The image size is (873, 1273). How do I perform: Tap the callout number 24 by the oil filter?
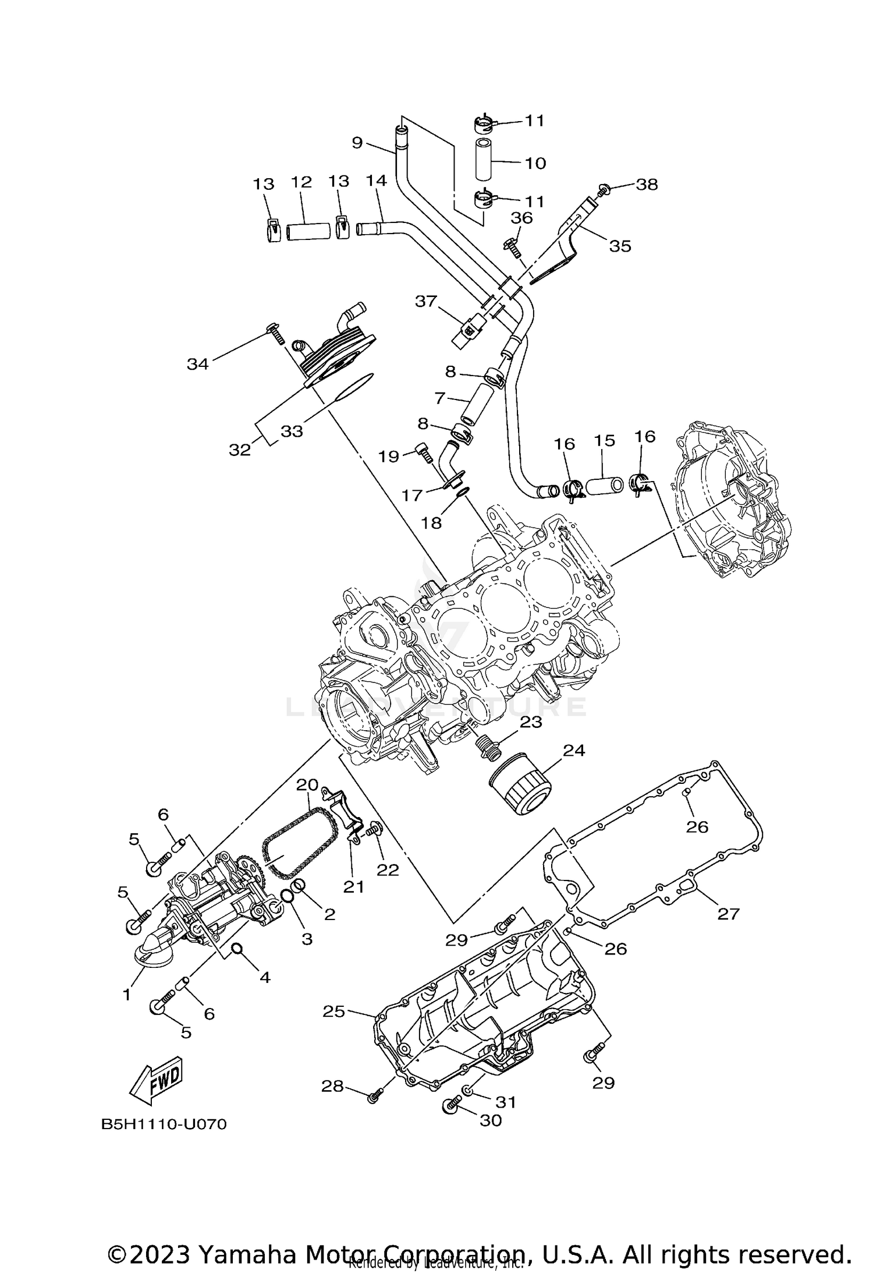[x=573, y=751]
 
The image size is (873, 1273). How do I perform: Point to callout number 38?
[x=647, y=185]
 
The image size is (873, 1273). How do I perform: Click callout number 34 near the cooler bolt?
[x=197, y=364]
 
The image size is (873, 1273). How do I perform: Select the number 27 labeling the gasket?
[x=727, y=914]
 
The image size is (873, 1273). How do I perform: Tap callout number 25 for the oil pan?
[x=334, y=1012]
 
